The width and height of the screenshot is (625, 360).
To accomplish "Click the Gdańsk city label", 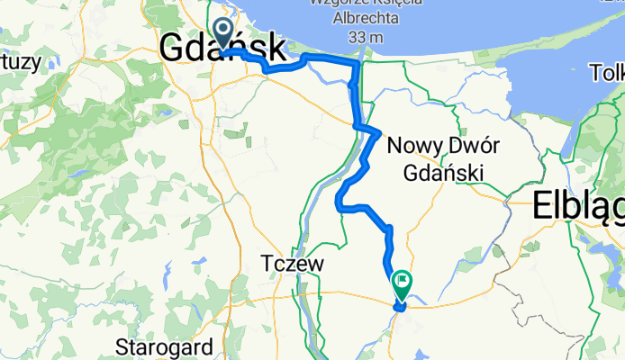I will pyautogui.click(x=223, y=49).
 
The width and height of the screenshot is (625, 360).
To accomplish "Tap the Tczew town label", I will pyautogui.click(x=291, y=264).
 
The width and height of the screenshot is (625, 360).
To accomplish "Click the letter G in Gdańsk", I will pyautogui.click(x=174, y=49).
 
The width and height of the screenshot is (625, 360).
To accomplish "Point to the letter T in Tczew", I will pyautogui.click(x=267, y=264).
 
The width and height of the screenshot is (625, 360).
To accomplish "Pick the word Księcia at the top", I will pyautogui.click(x=372, y=4).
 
